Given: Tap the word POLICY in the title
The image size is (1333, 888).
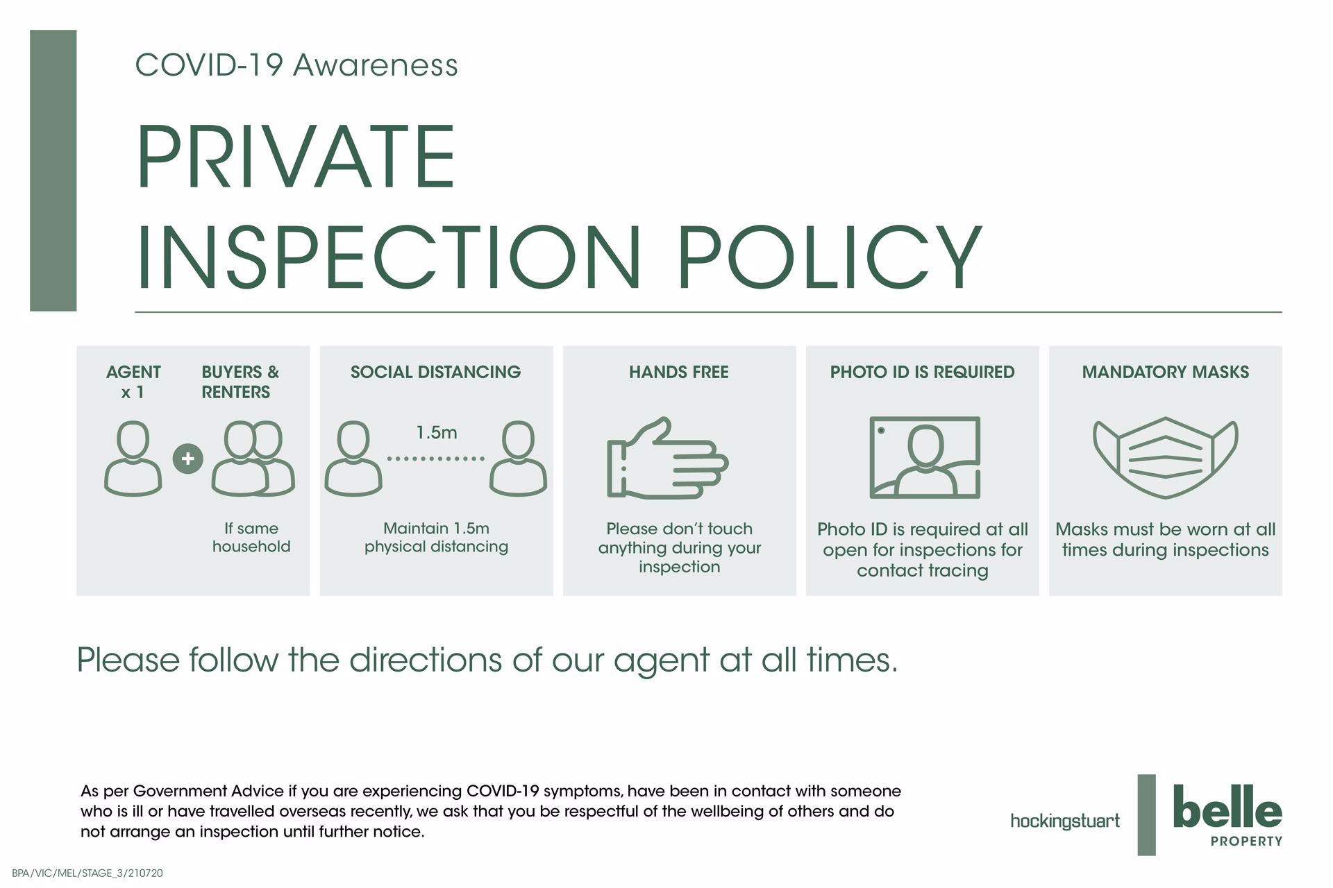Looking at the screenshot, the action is [830, 257].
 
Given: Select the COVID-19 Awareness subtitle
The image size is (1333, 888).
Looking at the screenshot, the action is [296, 65].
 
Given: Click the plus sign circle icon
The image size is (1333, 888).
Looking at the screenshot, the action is [187, 459].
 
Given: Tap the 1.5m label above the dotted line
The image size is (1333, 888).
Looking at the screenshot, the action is [436, 433].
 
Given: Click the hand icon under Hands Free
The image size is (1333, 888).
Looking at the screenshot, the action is [666, 459].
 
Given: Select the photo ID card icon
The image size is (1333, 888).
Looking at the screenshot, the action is [925, 457].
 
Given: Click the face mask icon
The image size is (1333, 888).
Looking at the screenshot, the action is [1166, 457].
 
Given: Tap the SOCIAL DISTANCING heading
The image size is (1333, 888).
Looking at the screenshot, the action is [436, 373].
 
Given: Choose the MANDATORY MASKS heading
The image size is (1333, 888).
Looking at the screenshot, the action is [1166, 373].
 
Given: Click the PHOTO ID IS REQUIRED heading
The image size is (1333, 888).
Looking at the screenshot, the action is [923, 373].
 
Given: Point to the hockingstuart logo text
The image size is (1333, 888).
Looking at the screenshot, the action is [1065, 821].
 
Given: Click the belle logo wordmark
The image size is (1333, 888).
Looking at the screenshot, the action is [1227, 806].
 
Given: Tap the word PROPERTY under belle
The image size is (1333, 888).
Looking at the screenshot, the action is [1246, 842].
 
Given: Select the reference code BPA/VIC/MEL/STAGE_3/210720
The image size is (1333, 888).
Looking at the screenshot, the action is [87, 873].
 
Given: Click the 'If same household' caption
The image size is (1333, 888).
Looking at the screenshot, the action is [251, 538].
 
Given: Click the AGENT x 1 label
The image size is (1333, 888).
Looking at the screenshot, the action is [133, 382].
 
